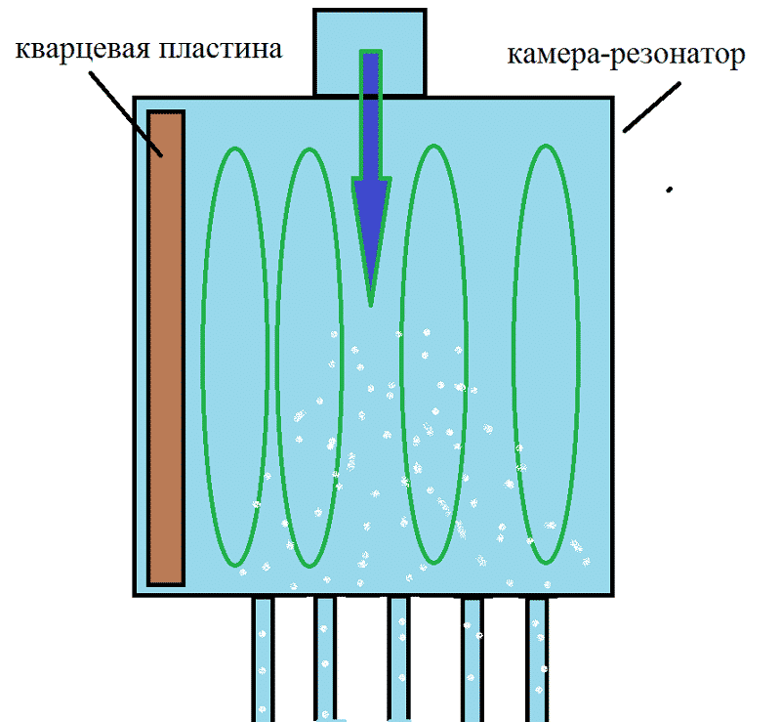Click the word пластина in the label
(x=217, y=49)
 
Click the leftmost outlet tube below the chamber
(x=263, y=659)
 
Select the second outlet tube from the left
(x=325, y=659)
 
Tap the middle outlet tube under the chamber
(x=398, y=659)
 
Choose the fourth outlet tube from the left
(x=473, y=659)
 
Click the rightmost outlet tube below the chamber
(x=538, y=659)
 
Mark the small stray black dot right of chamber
(x=670, y=190)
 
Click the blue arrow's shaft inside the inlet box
(x=371, y=73)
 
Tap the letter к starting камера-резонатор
(x=514, y=56)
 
